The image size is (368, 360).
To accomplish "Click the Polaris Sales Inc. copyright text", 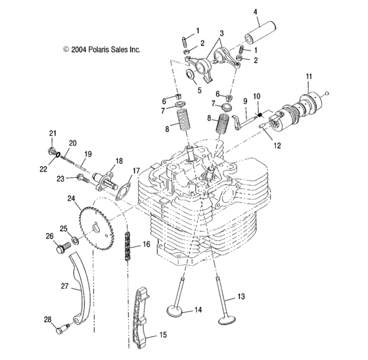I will (x=101, y=49).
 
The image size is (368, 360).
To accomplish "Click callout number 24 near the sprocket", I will (x=70, y=198).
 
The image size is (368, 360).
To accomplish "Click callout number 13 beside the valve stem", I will (x=241, y=297).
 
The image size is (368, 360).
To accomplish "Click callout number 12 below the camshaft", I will (x=277, y=146).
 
